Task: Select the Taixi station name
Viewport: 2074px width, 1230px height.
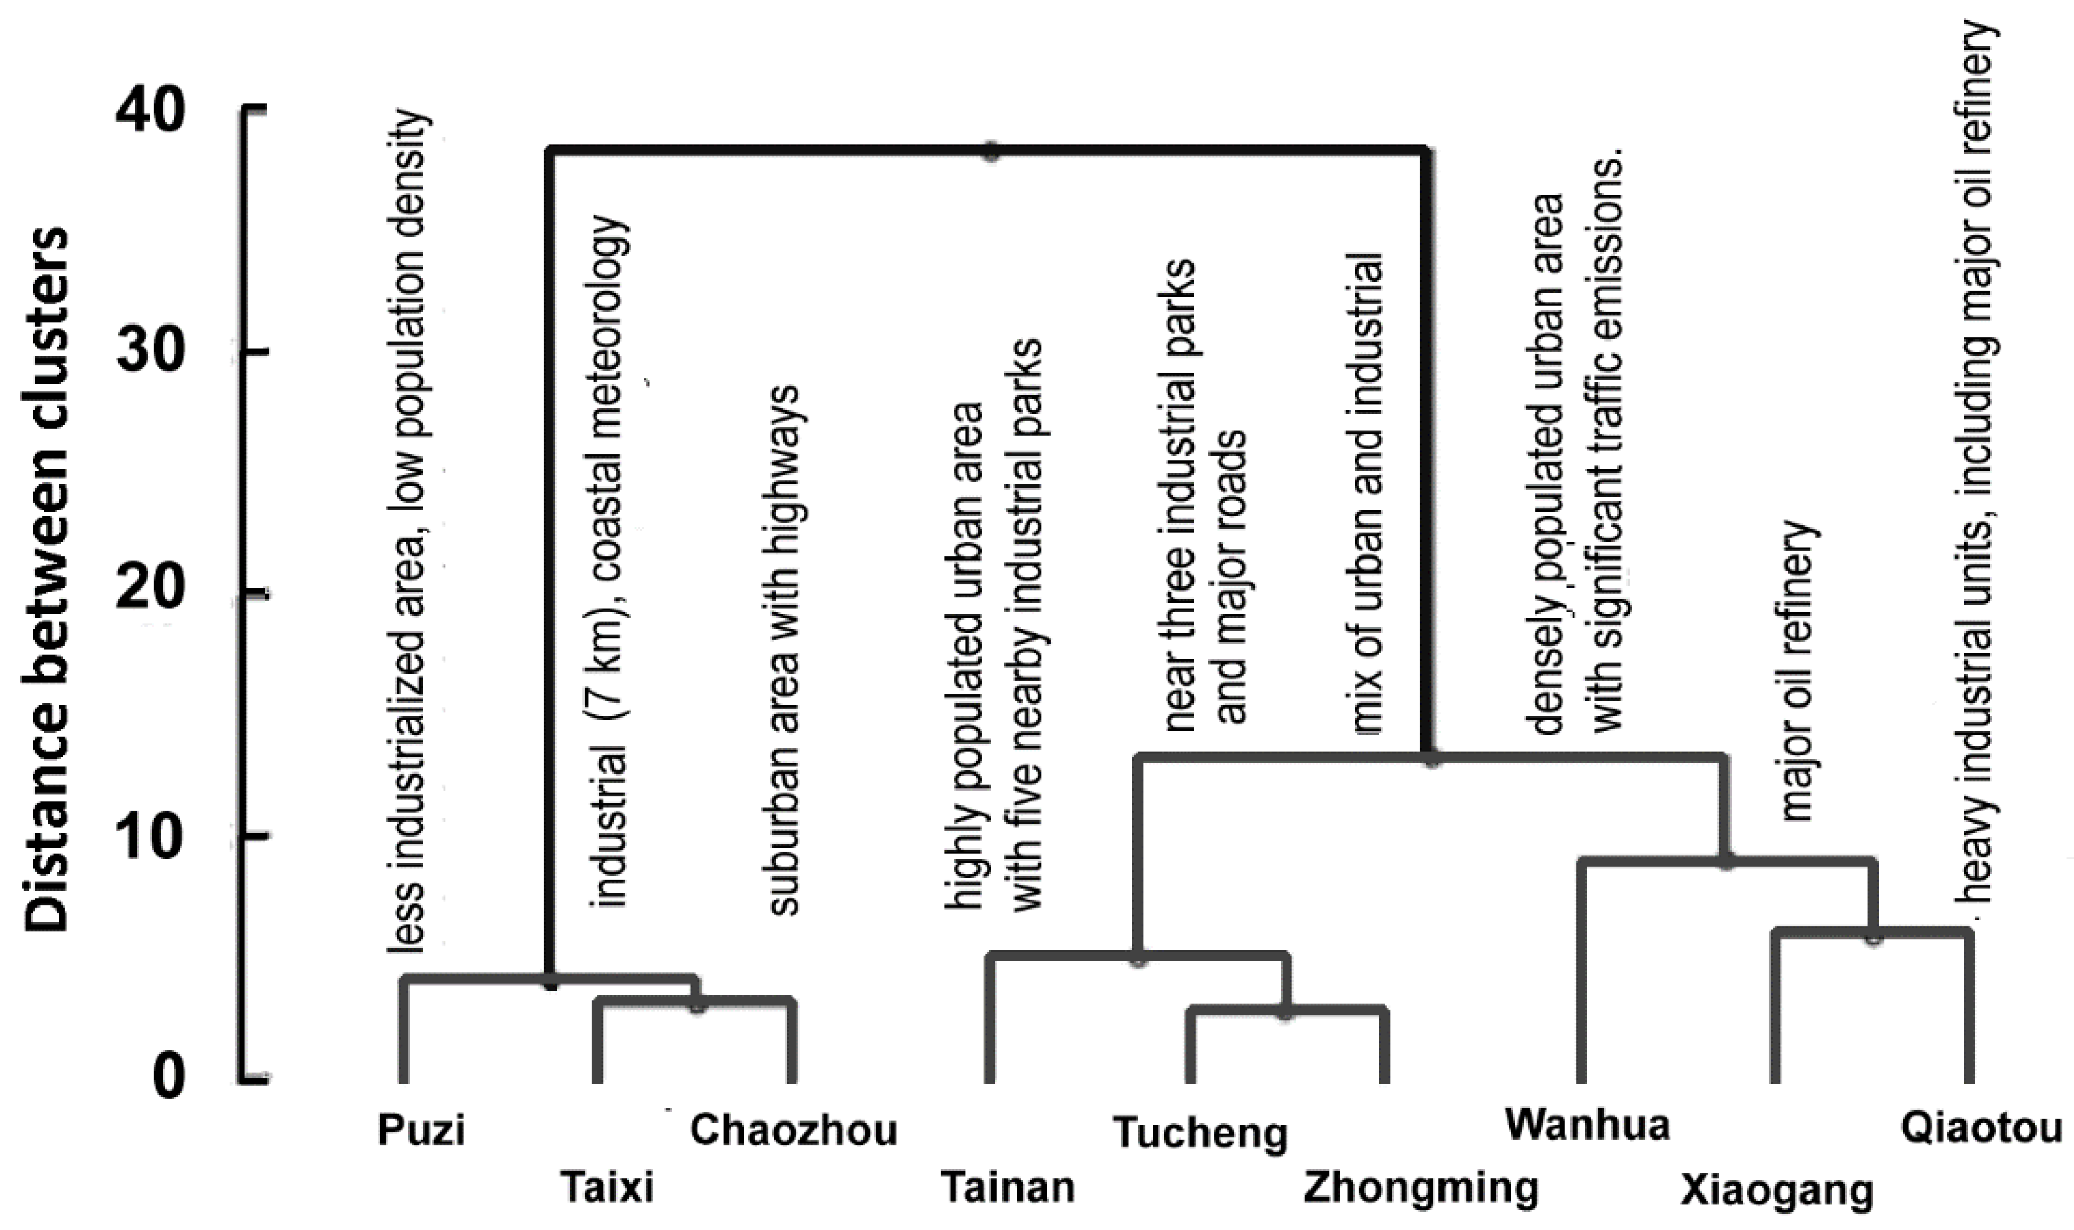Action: [x=608, y=1187]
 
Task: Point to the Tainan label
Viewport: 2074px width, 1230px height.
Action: [x=1007, y=1187]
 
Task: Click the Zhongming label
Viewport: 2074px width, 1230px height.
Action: [x=1421, y=1187]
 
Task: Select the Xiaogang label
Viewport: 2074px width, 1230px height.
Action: [x=1777, y=1192]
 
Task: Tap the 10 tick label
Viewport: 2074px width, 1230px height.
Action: [x=149, y=837]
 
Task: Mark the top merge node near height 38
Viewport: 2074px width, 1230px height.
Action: [x=991, y=152]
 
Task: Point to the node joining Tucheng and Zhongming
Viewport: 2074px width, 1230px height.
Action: [x=1285, y=1013]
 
